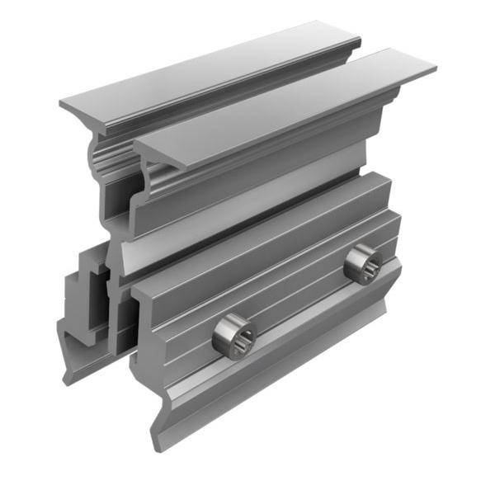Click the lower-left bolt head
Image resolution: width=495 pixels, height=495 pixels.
233,336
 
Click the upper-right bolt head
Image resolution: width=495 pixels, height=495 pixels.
362,264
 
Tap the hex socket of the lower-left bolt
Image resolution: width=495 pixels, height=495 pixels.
235,336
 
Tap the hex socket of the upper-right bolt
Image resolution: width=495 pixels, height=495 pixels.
364,264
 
